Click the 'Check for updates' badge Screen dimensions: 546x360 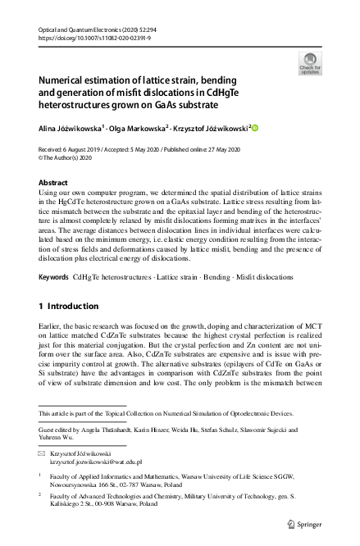(x=310, y=63)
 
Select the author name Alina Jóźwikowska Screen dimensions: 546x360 (x=70, y=128)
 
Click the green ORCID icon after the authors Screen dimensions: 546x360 (x=254, y=127)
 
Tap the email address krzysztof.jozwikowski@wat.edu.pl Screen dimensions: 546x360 (x=97, y=462)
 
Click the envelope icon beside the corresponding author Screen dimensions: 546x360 (x=43, y=453)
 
